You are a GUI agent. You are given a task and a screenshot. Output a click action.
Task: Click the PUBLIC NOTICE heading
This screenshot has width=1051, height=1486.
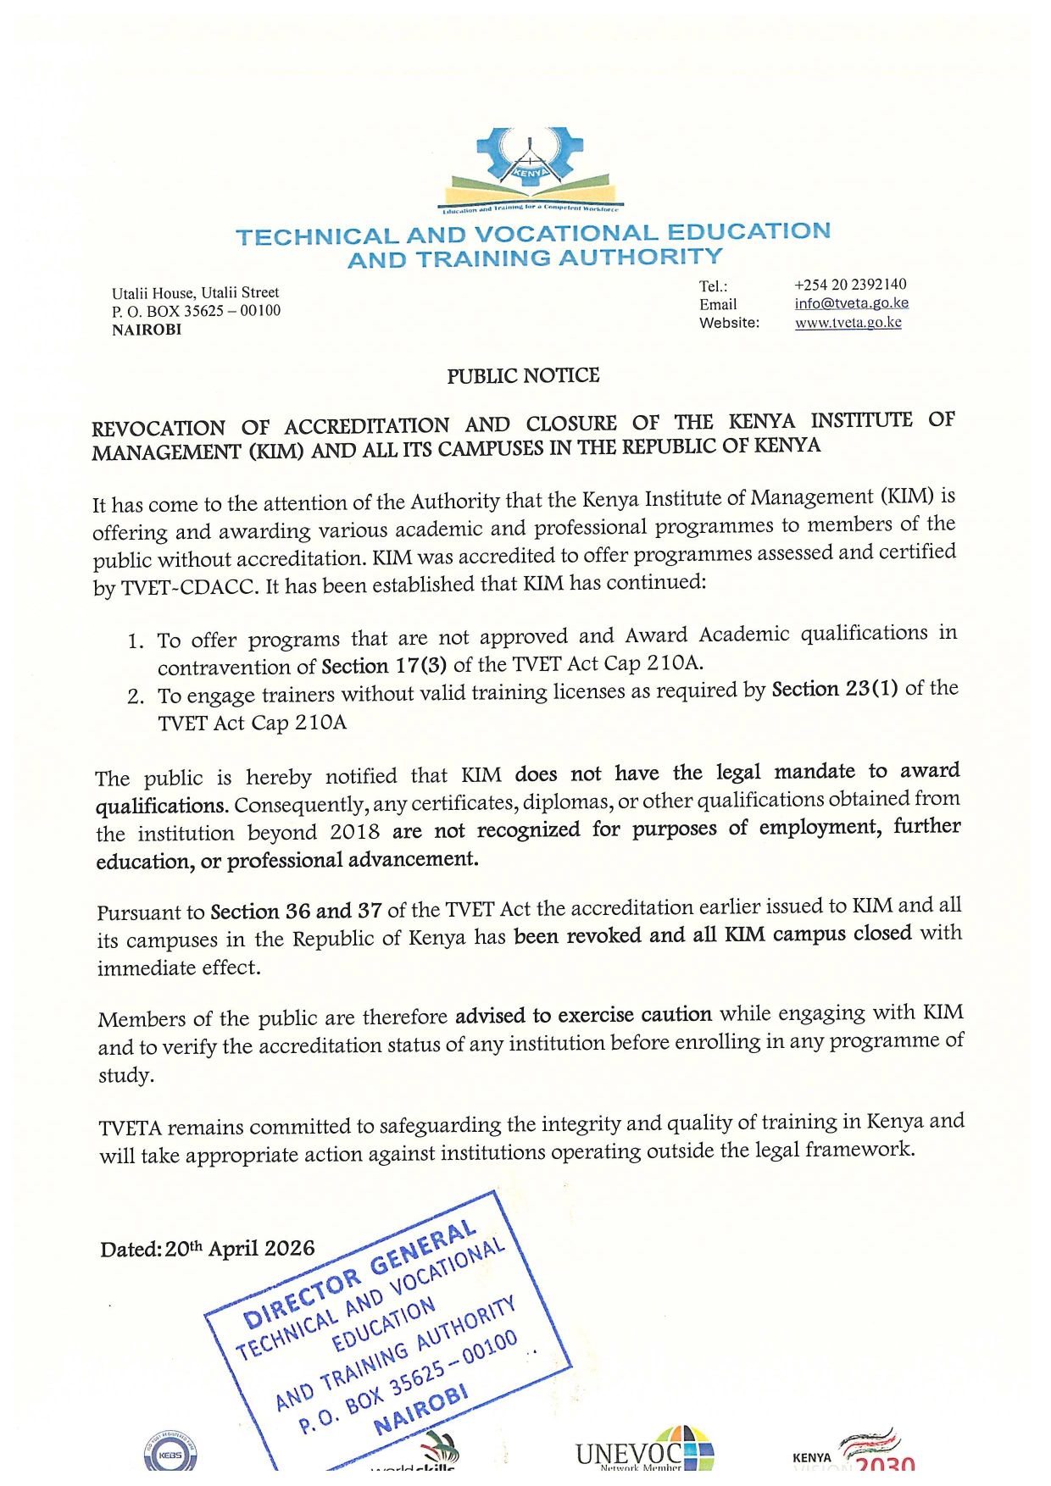click(x=523, y=375)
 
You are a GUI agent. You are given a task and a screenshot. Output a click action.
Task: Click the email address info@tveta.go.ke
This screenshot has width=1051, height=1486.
click(x=851, y=303)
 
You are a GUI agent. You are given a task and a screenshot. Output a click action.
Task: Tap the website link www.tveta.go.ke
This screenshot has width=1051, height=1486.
click(x=848, y=323)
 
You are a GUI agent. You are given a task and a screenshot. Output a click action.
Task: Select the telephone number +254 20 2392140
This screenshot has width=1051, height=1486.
click(x=850, y=285)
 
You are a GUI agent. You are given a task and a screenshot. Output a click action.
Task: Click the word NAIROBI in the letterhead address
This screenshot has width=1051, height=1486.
click(x=147, y=330)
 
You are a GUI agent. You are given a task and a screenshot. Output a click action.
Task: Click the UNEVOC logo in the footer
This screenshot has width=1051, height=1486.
click(x=644, y=1450)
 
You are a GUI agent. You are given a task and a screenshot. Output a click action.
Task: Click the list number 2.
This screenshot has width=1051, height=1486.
click(x=136, y=697)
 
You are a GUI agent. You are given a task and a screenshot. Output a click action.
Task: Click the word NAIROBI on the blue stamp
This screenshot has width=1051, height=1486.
click(x=421, y=1411)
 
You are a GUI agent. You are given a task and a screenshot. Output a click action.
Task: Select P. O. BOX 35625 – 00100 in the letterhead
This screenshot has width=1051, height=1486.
click(x=196, y=311)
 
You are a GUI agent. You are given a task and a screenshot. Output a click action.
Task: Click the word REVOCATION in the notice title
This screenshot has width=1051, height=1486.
click(x=158, y=428)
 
